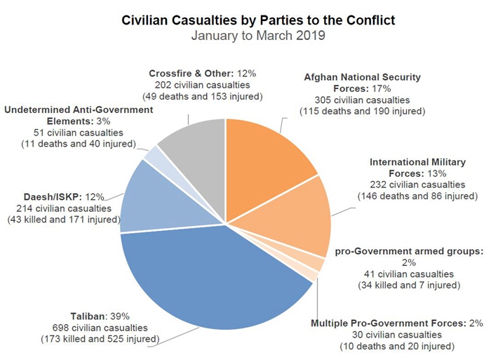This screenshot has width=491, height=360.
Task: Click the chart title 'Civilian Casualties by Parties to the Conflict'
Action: pyautogui.click(x=259, y=21)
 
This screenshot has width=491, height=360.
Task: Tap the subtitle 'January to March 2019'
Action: pyautogui.click(x=259, y=36)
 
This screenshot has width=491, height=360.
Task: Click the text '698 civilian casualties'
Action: pyautogui.click(x=100, y=328)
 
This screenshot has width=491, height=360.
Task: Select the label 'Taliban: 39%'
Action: pyautogui.click(x=100, y=316)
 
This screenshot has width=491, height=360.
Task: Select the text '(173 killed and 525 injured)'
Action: pyautogui.click(x=100, y=339)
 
